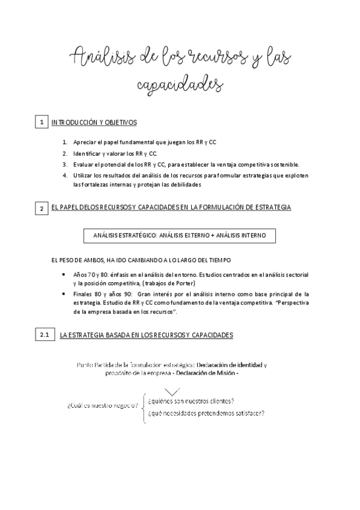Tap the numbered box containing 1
(41, 123)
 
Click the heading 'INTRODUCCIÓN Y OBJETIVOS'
(94, 123)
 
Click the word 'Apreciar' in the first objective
(84, 143)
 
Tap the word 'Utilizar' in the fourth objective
(83, 175)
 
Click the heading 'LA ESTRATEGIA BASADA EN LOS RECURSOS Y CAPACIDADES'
(147, 334)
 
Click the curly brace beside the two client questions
(143, 407)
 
